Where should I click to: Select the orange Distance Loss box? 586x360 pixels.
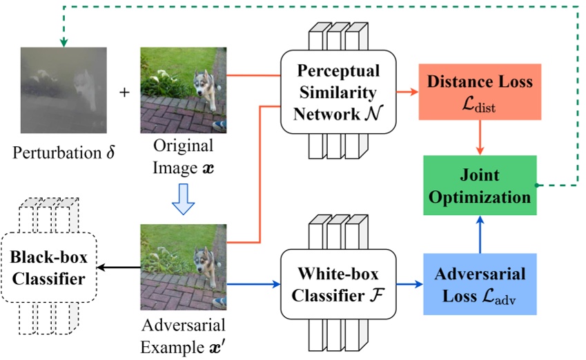480,91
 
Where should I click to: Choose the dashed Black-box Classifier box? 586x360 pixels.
48,269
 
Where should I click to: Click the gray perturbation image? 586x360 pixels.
64,90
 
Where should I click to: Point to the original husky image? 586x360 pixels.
183,90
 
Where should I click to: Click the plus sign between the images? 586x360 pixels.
124,92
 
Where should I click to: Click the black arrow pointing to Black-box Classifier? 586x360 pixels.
117,266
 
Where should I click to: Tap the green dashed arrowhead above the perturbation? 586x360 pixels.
64,42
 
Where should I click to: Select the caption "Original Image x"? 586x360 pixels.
183,158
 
